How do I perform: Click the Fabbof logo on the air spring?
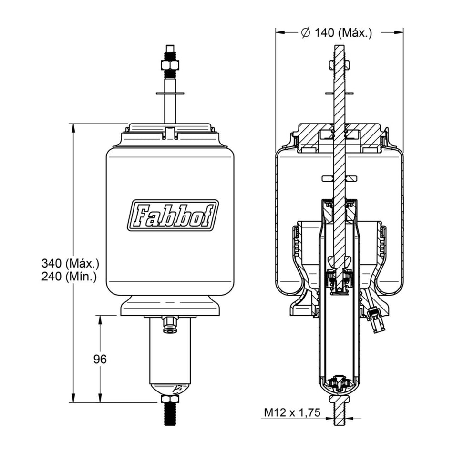tap(173, 215)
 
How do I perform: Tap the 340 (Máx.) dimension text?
tap(71, 264)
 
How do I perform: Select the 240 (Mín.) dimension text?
tap(69, 277)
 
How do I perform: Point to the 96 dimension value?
tap(100, 359)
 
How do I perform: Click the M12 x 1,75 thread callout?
tap(292, 412)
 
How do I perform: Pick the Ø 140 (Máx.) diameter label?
tap(337, 33)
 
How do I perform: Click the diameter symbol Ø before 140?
tap(306, 33)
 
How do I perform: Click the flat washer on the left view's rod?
tap(170, 93)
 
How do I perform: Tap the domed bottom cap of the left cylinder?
tap(170, 390)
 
